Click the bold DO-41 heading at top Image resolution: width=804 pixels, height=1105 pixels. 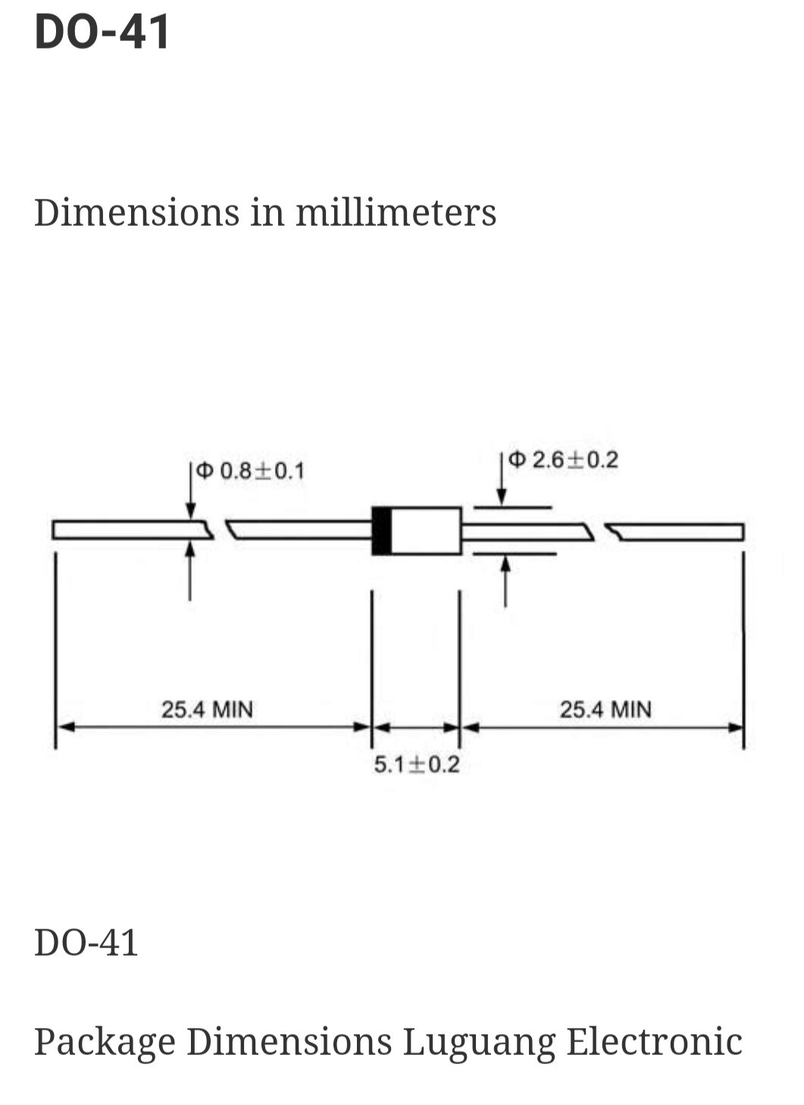(x=102, y=33)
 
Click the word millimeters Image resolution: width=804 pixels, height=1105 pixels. (x=396, y=212)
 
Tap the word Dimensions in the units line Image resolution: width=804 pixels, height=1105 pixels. (x=136, y=212)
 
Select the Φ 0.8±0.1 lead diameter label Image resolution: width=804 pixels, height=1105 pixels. (x=251, y=471)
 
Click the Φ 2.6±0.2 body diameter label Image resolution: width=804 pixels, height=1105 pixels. (x=564, y=460)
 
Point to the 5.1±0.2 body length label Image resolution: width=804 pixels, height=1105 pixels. (x=416, y=765)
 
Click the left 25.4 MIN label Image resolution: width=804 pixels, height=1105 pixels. (x=207, y=710)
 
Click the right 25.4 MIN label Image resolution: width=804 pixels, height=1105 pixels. (x=605, y=710)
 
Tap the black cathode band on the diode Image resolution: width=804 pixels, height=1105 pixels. (x=382, y=531)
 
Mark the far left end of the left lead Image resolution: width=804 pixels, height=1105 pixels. (x=55, y=530)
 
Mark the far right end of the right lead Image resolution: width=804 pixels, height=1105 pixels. (x=741, y=532)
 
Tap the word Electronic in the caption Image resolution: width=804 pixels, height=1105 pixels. (x=655, y=1041)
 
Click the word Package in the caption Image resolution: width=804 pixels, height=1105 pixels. (x=105, y=1041)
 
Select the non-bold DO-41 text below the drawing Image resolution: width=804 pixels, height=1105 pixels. (x=86, y=943)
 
